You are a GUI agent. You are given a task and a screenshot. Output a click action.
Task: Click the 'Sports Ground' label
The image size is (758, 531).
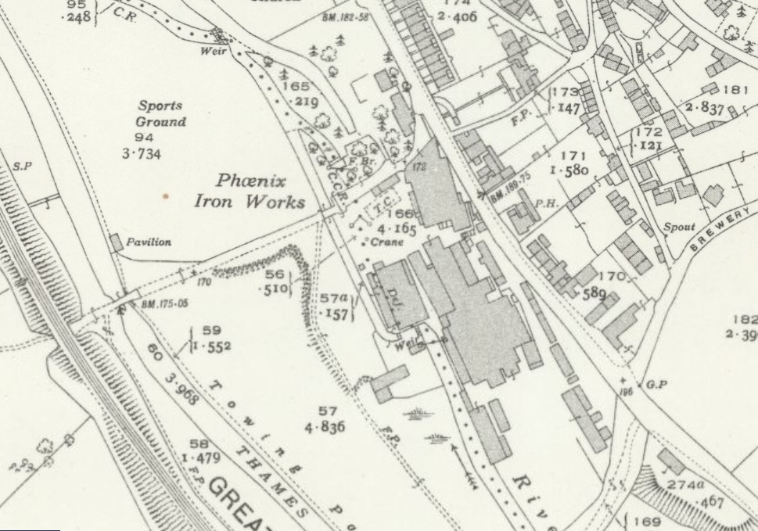(x=161, y=113)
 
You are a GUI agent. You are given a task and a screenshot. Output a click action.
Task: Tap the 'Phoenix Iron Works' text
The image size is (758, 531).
(x=250, y=192)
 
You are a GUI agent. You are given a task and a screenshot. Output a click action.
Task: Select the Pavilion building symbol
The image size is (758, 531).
(x=117, y=242)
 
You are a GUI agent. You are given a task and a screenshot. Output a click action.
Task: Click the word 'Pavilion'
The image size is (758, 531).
(x=149, y=242)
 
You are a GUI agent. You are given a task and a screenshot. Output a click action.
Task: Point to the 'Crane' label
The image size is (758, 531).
(x=387, y=243)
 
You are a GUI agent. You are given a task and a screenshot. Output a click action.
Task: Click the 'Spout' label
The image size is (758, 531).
(x=679, y=227)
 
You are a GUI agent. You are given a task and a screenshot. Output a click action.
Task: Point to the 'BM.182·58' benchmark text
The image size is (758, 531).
(x=344, y=16)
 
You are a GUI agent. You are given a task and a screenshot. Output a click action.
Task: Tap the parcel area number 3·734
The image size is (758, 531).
(x=141, y=154)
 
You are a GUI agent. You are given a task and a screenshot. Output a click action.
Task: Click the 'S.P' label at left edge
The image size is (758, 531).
(x=21, y=167)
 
